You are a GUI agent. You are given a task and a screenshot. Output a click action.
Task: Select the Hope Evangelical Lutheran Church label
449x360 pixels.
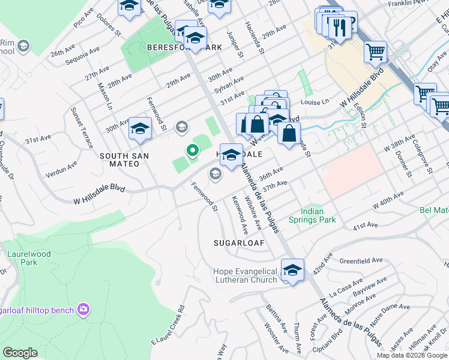[245, 275]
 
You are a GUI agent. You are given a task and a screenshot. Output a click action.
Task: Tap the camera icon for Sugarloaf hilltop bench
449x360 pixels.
[83, 310]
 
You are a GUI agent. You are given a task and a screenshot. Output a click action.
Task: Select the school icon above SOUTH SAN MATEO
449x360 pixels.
[140, 129]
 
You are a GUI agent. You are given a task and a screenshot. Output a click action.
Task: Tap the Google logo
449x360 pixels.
[20, 353]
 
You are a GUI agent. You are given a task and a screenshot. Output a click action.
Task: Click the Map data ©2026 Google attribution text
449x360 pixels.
[411, 355]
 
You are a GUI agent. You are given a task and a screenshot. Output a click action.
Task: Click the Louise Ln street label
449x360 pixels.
[316, 102]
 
